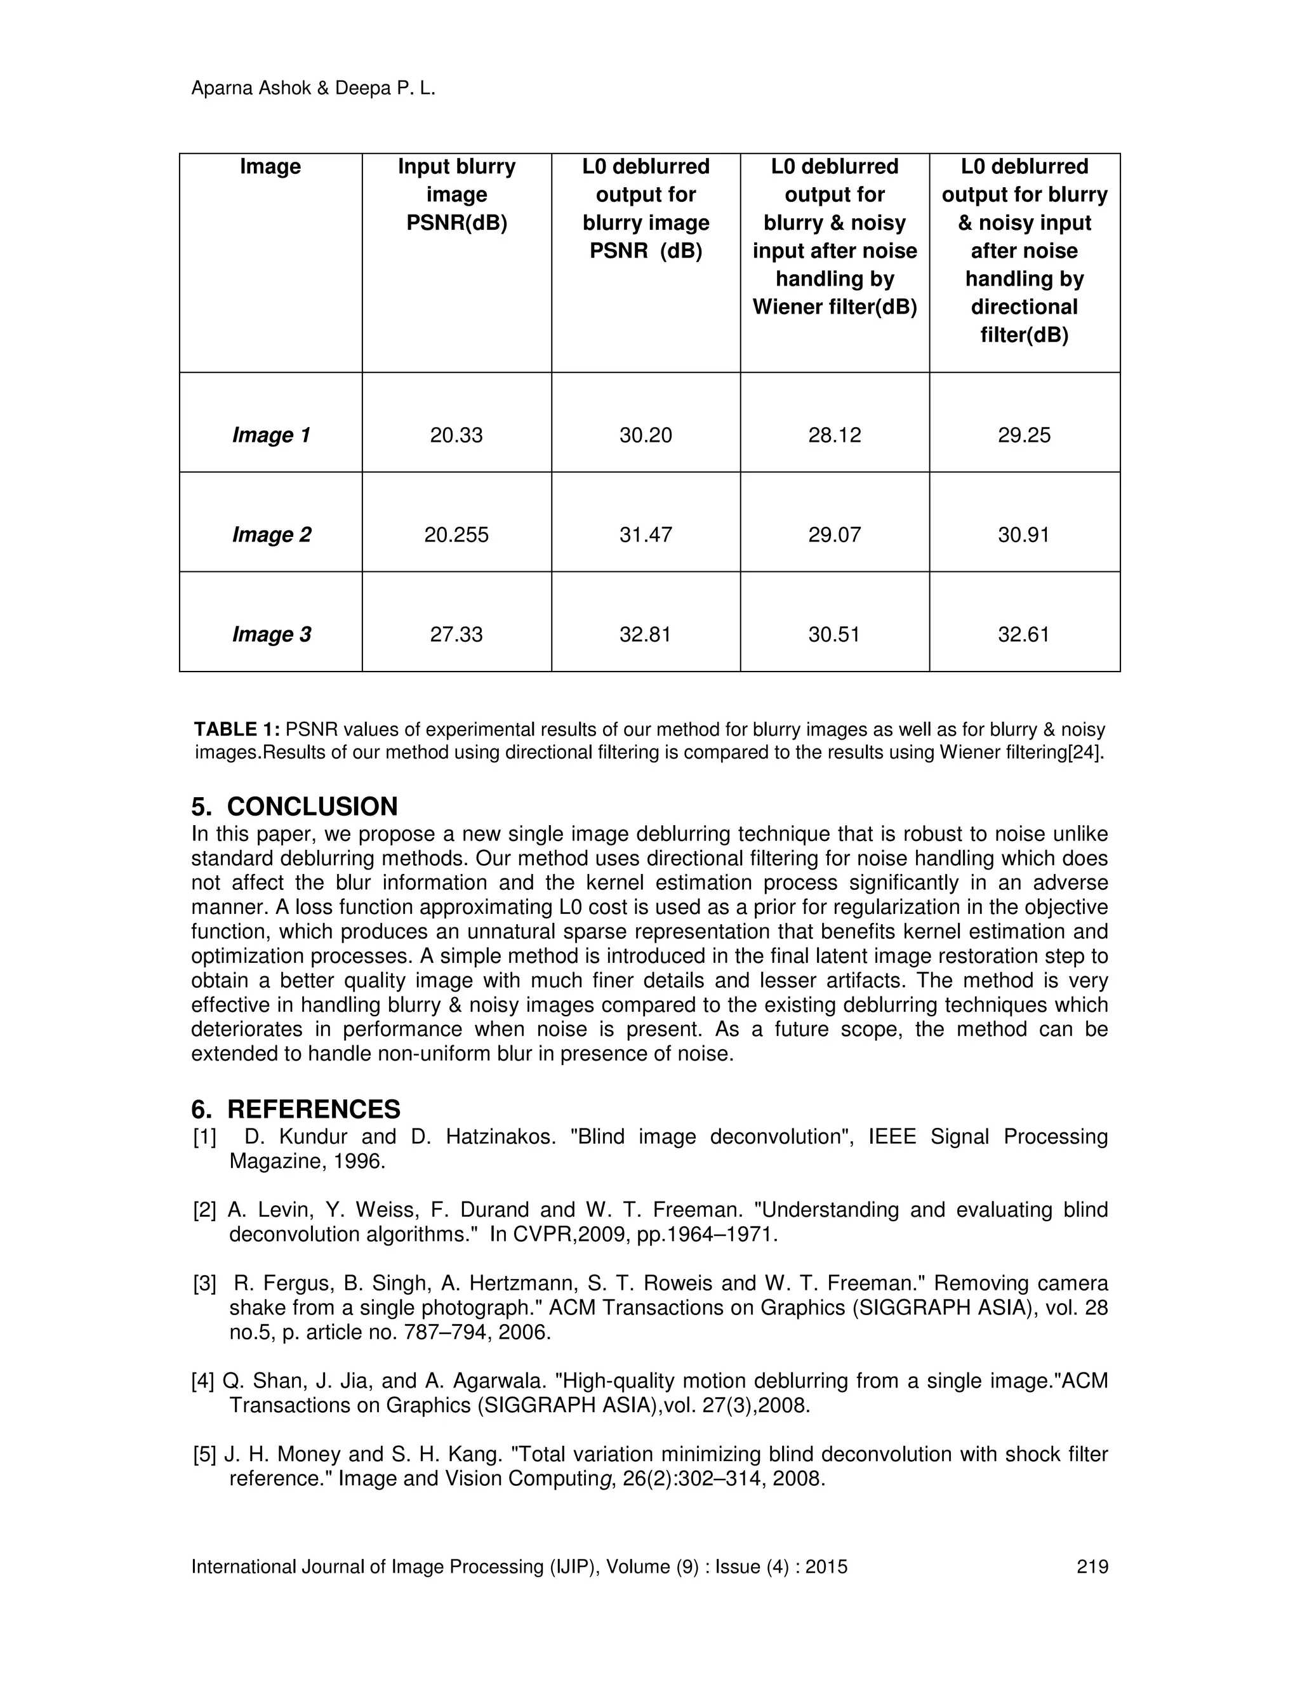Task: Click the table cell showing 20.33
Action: pos(456,435)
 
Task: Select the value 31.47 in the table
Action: pos(646,534)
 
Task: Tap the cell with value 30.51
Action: pos(834,634)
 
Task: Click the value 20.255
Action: pos(456,534)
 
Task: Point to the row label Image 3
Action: pos(271,634)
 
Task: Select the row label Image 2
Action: pos(271,534)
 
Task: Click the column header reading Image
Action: pos(270,166)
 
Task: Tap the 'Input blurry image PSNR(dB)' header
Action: pos(456,194)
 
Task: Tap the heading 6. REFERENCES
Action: pos(296,1109)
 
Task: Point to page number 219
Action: pos(1092,1567)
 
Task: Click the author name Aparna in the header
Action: pos(222,89)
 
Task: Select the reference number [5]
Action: pos(204,1455)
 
